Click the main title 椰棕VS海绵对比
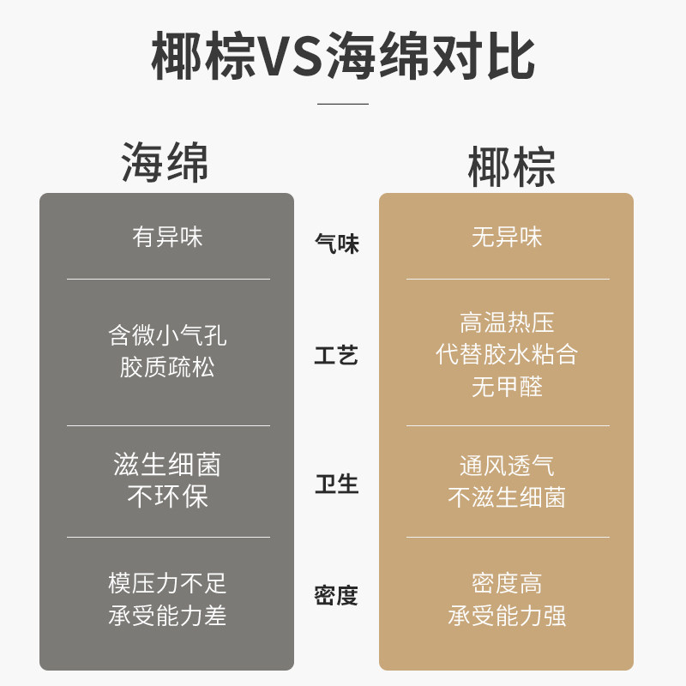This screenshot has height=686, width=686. (x=343, y=57)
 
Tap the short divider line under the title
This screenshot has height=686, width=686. (x=343, y=104)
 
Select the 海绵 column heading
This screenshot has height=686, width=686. (x=165, y=162)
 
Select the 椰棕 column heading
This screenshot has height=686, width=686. (x=512, y=167)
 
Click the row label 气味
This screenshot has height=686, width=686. (x=337, y=244)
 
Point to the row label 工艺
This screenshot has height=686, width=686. (x=337, y=356)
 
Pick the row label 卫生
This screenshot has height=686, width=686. (x=337, y=484)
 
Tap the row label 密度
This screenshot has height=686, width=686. (x=337, y=596)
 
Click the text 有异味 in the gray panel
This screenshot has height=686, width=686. (x=168, y=237)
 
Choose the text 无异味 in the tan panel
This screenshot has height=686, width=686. (x=508, y=237)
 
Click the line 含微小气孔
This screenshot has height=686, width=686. (x=168, y=334)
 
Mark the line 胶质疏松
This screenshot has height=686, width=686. (x=168, y=368)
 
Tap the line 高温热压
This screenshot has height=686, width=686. (x=508, y=322)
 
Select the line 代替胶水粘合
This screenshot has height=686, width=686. (x=508, y=354)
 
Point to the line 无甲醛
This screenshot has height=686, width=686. (x=508, y=387)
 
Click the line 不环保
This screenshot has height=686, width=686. (x=168, y=497)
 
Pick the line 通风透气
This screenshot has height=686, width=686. (x=508, y=466)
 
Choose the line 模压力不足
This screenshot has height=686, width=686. (x=168, y=583)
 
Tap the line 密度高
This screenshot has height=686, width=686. (x=508, y=583)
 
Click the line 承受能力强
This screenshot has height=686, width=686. (x=508, y=616)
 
